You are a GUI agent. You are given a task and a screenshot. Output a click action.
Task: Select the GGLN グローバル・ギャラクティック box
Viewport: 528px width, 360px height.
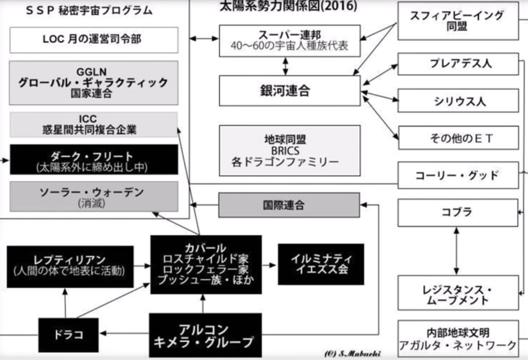click(93, 82)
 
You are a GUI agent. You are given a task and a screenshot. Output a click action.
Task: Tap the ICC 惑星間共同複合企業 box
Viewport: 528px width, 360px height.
click(93, 125)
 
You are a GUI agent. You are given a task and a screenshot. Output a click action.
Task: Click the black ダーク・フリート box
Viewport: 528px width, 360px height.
click(93, 160)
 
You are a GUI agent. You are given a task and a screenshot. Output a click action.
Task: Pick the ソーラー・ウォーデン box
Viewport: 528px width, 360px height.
click(93, 196)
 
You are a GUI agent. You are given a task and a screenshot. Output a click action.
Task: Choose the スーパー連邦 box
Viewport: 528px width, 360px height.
click(290, 41)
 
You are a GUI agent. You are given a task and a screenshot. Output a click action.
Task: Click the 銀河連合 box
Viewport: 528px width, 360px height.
click(290, 91)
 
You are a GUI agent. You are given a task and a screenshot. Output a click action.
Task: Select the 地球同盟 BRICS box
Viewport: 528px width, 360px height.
click(290, 151)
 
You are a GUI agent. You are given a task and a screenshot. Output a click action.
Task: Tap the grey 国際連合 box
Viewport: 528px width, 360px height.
click(288, 205)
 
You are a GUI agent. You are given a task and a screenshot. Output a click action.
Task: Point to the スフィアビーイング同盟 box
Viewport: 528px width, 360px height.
click(458, 20)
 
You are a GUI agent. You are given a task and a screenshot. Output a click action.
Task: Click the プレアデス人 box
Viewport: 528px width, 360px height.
click(458, 64)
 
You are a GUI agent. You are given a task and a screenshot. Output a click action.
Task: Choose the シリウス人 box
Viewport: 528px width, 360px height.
click(458, 101)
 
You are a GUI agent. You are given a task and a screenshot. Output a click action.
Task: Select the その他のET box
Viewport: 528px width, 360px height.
click(458, 138)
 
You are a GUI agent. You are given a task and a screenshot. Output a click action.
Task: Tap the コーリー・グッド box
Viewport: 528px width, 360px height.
click(458, 176)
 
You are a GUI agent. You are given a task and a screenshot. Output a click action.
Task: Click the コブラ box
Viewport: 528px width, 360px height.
click(458, 212)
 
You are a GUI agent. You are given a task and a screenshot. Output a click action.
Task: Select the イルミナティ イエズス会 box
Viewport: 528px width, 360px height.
click(321, 264)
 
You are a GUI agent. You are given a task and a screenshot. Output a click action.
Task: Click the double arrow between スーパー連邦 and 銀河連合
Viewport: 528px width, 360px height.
click(286, 66)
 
